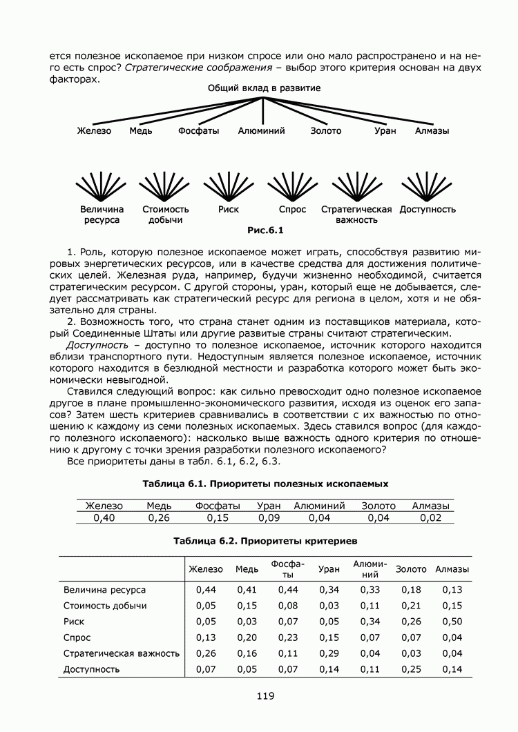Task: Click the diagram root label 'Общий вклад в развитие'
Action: pyautogui.click(x=264, y=88)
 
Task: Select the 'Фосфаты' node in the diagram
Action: pyautogui.click(x=198, y=130)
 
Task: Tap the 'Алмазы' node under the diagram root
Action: pyautogui.click(x=432, y=130)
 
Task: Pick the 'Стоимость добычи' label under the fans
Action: pyautogui.click(x=165, y=215)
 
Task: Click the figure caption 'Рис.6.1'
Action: pyautogui.click(x=266, y=230)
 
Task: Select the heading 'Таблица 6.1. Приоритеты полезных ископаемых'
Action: pyautogui.click(x=265, y=484)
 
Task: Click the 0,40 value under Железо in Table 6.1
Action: pyautogui.click(x=104, y=518)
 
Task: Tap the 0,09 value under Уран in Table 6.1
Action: pyautogui.click(x=269, y=518)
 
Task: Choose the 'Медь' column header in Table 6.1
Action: pyautogui.click(x=160, y=506)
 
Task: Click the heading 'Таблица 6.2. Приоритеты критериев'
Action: pyautogui.click(x=265, y=542)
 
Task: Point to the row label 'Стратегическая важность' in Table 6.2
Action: pyautogui.click(x=122, y=653)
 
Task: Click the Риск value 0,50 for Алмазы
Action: pyautogui.click(x=452, y=622)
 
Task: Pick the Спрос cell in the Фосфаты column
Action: pyautogui.click(x=288, y=637)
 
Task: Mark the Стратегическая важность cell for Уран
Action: pyautogui.click(x=329, y=653)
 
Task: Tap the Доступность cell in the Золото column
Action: pyautogui.click(x=411, y=669)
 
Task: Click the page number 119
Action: pyautogui.click(x=265, y=696)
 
